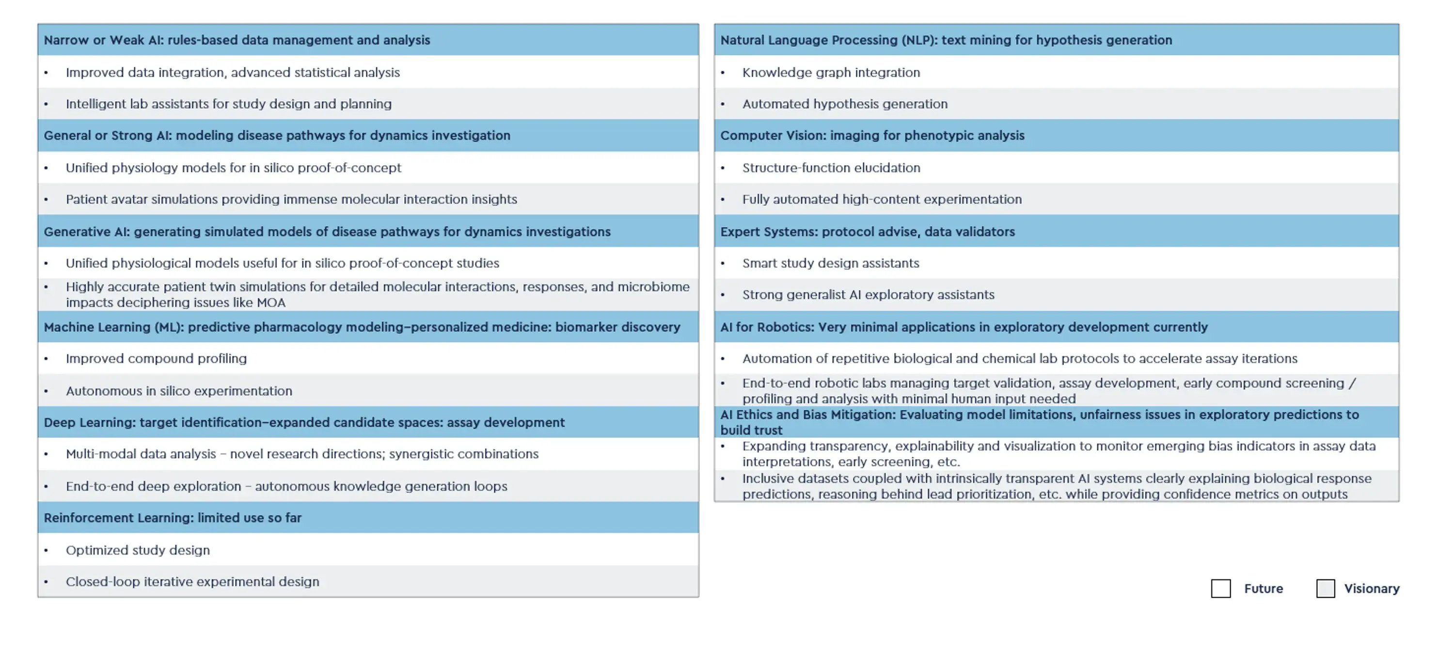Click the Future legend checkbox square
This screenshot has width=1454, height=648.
1220,588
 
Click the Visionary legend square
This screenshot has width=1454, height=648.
1325,588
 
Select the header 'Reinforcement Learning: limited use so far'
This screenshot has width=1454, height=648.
173,518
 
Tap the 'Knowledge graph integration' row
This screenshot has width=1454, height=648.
831,72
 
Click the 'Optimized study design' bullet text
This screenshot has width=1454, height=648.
138,550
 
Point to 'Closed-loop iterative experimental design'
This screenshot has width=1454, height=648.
192,582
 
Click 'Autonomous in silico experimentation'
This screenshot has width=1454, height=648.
179,391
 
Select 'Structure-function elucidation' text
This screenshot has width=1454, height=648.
831,168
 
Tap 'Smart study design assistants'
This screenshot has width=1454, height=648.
830,263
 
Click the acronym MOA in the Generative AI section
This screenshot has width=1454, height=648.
271,303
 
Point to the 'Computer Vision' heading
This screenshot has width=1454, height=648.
872,135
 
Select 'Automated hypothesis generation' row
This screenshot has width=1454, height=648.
844,104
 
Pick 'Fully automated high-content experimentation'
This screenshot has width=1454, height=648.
882,199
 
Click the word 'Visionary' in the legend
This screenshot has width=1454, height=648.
1372,588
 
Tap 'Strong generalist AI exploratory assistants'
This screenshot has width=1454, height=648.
868,294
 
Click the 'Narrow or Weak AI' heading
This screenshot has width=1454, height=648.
237,40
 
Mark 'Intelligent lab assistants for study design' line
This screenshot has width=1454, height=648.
229,104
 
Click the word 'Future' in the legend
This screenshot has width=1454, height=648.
1263,588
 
